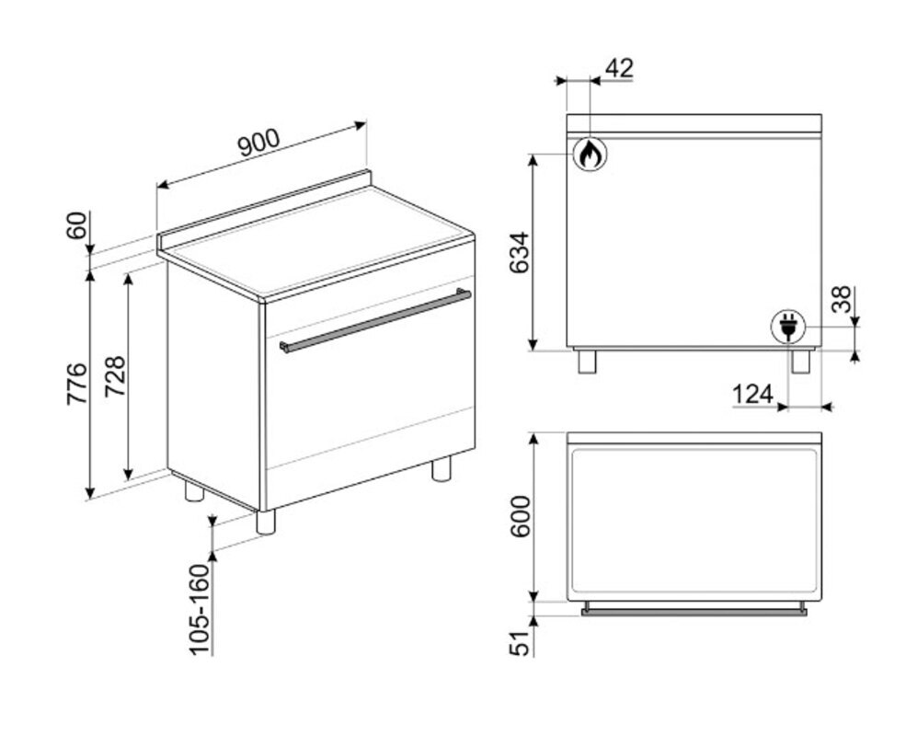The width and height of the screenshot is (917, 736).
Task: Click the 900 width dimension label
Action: (x=259, y=143)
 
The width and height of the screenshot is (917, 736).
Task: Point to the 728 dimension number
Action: (x=115, y=376)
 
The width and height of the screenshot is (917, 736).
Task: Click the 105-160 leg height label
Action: (x=200, y=610)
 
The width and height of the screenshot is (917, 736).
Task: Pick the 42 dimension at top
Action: (x=619, y=68)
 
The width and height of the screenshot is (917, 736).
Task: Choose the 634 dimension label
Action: (x=520, y=253)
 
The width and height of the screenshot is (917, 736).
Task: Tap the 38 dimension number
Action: (x=842, y=299)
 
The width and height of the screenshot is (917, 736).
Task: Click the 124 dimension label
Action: (x=752, y=395)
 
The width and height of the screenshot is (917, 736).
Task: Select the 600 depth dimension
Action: (x=520, y=517)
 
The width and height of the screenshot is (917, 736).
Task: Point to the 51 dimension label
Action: (x=520, y=642)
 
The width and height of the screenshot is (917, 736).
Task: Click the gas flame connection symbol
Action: (x=590, y=154)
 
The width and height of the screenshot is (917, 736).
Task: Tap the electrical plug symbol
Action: (x=787, y=327)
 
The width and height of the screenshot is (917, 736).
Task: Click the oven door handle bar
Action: (x=375, y=320)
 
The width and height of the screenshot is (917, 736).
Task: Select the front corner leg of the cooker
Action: (x=266, y=522)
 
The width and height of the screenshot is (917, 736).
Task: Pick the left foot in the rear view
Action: (x=587, y=361)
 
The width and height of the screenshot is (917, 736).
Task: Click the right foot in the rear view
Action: (x=800, y=361)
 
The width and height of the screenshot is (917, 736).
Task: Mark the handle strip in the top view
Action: (x=694, y=612)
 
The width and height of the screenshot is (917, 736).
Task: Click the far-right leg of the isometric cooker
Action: (x=441, y=468)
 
